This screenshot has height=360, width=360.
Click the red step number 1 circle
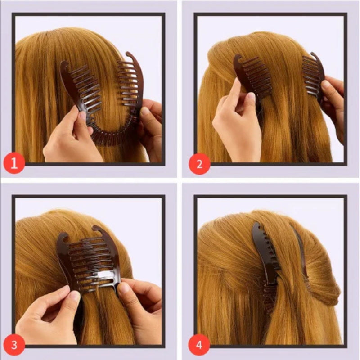click(x=14, y=163)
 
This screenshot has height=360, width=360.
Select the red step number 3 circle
click(x=14, y=345)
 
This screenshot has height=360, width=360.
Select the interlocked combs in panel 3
click(x=90, y=261)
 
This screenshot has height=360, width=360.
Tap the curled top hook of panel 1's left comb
click(x=64, y=67)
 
